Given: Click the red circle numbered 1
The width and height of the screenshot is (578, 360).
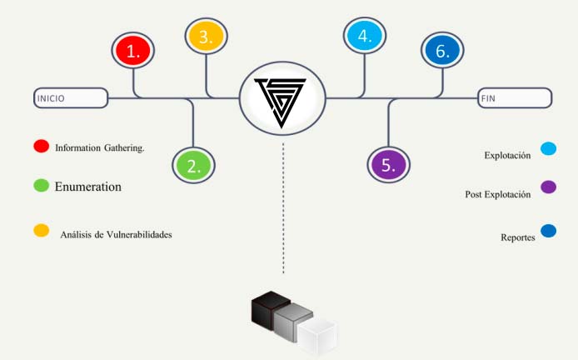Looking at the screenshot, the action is click(x=133, y=50).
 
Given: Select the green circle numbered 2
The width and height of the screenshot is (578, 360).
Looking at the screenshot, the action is click(x=193, y=165).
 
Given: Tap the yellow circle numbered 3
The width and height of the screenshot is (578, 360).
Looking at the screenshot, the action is click(x=206, y=36).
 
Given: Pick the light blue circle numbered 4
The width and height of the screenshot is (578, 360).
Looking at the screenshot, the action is click(x=365, y=35).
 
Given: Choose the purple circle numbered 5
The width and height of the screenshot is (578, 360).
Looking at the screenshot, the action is click(x=389, y=164).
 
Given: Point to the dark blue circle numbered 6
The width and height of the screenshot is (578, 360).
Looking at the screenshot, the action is click(x=442, y=50).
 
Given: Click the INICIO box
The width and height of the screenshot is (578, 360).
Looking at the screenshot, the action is click(x=71, y=98).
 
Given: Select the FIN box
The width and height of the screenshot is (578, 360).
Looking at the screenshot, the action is click(x=515, y=98).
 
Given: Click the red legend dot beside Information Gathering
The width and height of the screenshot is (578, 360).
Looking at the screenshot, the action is click(x=42, y=146).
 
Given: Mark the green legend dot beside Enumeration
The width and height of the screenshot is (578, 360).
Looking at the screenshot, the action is click(x=42, y=186).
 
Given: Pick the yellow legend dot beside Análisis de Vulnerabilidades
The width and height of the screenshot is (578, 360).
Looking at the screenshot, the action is click(x=42, y=230).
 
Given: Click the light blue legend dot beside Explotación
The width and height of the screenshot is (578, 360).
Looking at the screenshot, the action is click(x=549, y=148).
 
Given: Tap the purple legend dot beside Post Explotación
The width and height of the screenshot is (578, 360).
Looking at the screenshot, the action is click(x=549, y=187).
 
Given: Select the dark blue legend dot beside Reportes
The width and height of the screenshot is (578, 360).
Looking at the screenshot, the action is click(x=549, y=231).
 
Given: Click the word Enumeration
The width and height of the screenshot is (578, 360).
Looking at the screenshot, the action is click(x=88, y=187).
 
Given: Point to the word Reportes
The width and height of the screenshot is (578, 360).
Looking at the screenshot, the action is click(x=518, y=237).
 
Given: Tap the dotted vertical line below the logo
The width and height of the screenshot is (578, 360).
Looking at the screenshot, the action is click(x=283, y=208).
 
